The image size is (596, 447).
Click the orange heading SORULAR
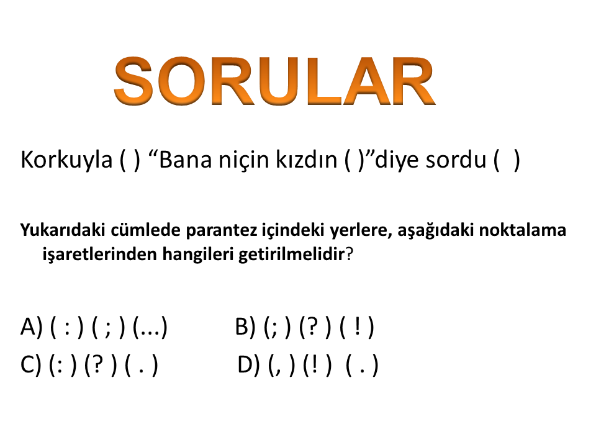pos(274,81)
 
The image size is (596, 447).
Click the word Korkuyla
pos(66,160)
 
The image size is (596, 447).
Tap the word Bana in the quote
pos(186,160)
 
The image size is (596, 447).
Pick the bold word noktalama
pos(522,230)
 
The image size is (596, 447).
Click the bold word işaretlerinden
pos(99,254)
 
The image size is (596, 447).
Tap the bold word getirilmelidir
pos(291,254)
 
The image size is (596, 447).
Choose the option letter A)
pos(32,327)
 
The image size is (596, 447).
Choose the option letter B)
pos(245,327)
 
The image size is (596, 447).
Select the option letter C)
pos(30,364)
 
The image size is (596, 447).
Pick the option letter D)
pos(248,364)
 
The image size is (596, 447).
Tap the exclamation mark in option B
pos(358,327)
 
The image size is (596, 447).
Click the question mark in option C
pos(97,364)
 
